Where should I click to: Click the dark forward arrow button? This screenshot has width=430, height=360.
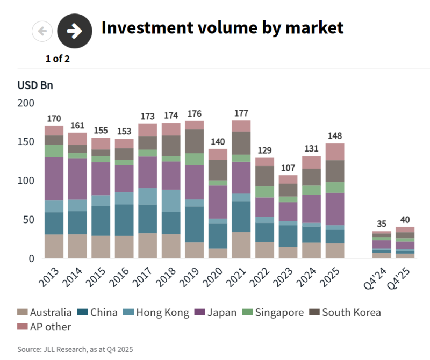tap(75, 31)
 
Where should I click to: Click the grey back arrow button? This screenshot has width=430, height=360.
tap(42, 31)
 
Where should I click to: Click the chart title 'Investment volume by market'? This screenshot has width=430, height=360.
tap(222, 27)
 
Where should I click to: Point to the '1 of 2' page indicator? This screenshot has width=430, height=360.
tap(58, 59)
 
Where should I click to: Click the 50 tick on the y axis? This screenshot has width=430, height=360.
tap(28, 220)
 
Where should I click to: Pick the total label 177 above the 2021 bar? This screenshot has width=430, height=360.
tap(241, 113)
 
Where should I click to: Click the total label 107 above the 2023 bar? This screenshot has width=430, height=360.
tap(288, 167)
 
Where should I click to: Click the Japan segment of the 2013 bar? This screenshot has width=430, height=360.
tap(54, 179)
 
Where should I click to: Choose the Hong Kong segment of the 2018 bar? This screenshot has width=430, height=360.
tap(171, 201)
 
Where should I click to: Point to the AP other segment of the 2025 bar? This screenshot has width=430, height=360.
tap(335, 152)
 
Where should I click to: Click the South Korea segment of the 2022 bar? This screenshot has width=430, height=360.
tap(264, 176)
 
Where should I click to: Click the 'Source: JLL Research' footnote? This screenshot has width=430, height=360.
tap(75, 349)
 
